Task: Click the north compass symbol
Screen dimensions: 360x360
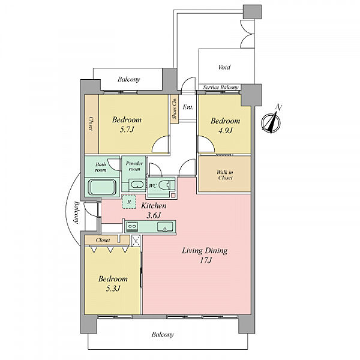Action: pos(271,122)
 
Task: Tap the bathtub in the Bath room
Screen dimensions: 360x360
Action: pos(103,187)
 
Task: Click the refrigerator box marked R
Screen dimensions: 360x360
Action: pos(129,202)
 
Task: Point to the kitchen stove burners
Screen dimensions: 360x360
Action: pos(132,226)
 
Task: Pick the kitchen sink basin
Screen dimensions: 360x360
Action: pos(165,227)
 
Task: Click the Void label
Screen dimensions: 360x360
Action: pos(224,67)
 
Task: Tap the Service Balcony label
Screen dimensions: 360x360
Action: pos(221,88)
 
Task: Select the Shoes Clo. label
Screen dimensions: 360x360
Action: pos(175,109)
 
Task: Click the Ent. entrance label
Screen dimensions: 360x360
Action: pos(188,107)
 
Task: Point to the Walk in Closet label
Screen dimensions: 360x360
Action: pos(225,175)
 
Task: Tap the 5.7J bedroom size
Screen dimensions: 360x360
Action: pos(127,130)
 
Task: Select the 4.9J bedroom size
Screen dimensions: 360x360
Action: pos(225,131)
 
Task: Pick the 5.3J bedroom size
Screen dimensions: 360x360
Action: pos(113,289)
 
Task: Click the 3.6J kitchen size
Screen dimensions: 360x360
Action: pos(154,215)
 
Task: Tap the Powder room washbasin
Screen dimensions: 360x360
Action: pos(137,185)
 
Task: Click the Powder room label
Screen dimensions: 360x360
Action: pos(134,166)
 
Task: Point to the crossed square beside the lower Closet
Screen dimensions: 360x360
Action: pos(136,241)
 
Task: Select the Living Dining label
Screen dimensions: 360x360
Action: pos(205,251)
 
